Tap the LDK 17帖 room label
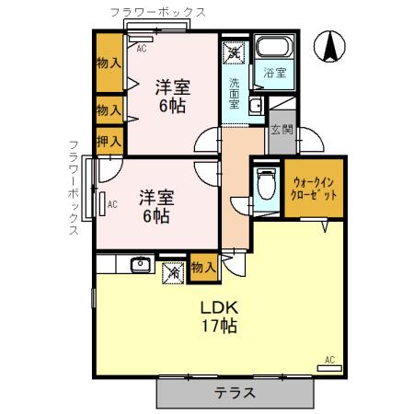[x=218, y=316]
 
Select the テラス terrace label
[x=236, y=392]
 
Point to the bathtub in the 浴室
[x=272, y=51]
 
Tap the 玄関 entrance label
[x=280, y=131]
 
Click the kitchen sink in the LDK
[x=141, y=266]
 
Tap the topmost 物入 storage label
[x=109, y=63]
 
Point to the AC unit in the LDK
[x=328, y=366]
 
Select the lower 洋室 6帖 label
[x=155, y=206]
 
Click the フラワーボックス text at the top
[x=156, y=12]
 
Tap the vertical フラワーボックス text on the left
[x=75, y=189]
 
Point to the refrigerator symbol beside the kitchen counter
[x=171, y=271]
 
